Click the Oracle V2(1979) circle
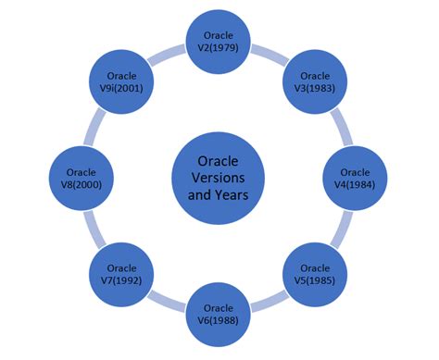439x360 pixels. [x=219, y=42]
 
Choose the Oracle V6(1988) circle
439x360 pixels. [x=219, y=314]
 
